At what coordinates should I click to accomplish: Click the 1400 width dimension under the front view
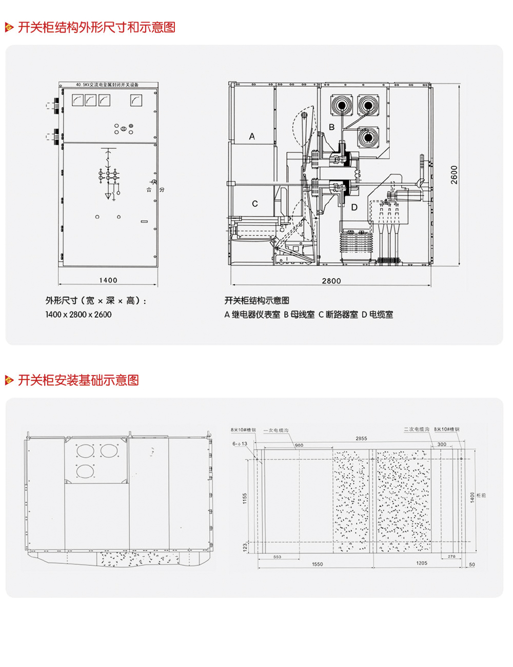[108, 280]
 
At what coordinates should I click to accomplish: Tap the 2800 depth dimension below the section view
[331, 281]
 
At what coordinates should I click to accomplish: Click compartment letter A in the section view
[252, 136]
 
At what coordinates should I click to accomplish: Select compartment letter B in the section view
[332, 127]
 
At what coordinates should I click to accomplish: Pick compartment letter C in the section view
[255, 204]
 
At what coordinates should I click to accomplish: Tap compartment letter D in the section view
[354, 207]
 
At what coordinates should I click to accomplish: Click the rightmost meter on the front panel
[136, 100]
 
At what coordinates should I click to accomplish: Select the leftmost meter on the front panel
[77, 100]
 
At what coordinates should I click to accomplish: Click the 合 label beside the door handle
[149, 190]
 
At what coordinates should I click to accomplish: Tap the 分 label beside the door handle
[162, 190]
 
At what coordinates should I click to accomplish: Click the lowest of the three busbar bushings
[368, 137]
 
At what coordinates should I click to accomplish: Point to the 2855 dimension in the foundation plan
[361, 438]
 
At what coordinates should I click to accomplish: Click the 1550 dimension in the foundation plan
[318, 564]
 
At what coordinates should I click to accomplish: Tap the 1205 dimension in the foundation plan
[421, 563]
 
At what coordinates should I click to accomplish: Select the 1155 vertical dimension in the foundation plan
[245, 498]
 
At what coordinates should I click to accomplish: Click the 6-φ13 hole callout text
[240, 444]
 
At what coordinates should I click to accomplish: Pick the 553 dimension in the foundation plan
[277, 557]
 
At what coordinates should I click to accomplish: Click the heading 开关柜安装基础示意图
[78, 380]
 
